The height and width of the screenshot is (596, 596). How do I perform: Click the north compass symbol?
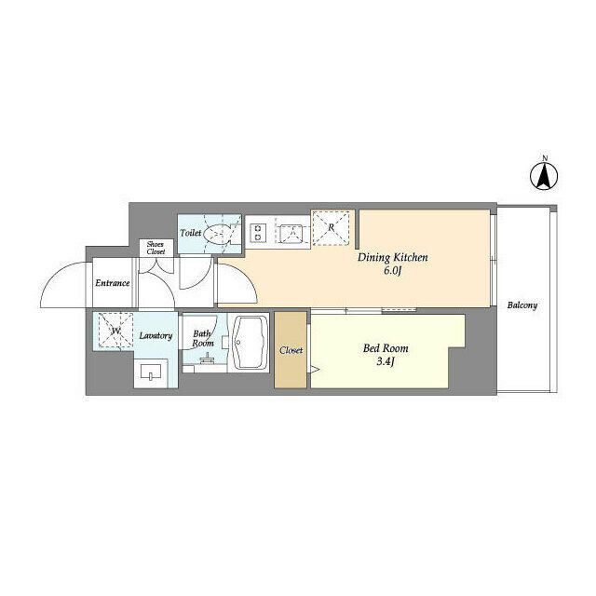pyautogui.click(x=545, y=174)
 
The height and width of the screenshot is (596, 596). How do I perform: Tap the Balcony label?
pyautogui.click(x=522, y=305)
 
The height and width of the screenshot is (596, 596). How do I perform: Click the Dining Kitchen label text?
pyautogui.click(x=393, y=258)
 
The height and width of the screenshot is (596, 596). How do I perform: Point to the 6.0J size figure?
pyautogui.click(x=392, y=271)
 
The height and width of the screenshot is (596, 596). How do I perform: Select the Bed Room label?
pyautogui.click(x=386, y=348)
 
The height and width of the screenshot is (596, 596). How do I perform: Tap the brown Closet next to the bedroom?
pyautogui.click(x=291, y=351)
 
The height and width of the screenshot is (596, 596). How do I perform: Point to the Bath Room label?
pyautogui.click(x=203, y=338)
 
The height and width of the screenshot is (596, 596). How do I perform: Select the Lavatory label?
pyautogui.click(x=155, y=335)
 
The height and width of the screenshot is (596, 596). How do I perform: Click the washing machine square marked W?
pyautogui.click(x=115, y=331)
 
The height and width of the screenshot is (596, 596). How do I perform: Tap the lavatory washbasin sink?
pyautogui.click(x=151, y=374)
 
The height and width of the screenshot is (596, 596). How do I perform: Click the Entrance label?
pyautogui.click(x=112, y=283)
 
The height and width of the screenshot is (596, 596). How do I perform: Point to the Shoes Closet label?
pyautogui.click(x=156, y=248)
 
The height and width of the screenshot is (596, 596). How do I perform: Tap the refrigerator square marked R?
pyautogui.click(x=332, y=226)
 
